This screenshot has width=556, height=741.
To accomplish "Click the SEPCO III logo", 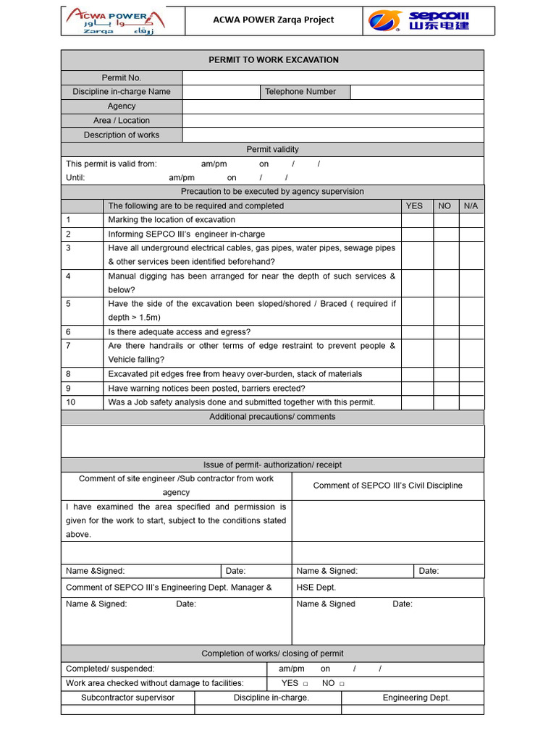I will [x=418, y=21].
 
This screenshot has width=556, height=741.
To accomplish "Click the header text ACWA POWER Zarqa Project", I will [x=274, y=20].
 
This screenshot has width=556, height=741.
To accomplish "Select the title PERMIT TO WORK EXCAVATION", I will [x=273, y=60].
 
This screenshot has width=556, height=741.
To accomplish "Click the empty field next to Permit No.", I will [x=332, y=77].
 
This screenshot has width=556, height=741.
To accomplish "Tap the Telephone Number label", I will [x=300, y=92].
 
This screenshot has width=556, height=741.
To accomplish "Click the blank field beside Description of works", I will [x=332, y=135].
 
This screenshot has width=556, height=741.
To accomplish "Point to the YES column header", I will [x=414, y=206].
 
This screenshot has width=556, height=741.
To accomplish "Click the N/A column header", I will [x=471, y=206].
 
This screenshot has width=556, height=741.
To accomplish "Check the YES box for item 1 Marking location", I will [x=417, y=220].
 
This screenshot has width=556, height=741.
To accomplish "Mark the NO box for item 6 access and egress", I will [x=446, y=332].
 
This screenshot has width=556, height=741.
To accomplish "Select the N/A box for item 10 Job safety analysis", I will [x=471, y=402].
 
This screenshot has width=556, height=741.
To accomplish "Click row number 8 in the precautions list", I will [x=69, y=374].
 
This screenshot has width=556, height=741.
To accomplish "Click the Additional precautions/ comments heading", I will [x=272, y=417].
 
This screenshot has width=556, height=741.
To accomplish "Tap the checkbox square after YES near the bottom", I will [x=306, y=684].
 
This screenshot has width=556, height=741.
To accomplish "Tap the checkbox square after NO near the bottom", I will [x=342, y=684].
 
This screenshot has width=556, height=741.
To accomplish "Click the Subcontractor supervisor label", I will [x=128, y=698].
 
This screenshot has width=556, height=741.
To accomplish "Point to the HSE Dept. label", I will [x=316, y=588].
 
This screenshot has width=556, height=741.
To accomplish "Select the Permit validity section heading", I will [x=272, y=150].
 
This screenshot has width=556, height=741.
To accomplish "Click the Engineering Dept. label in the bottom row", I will [x=416, y=698].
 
